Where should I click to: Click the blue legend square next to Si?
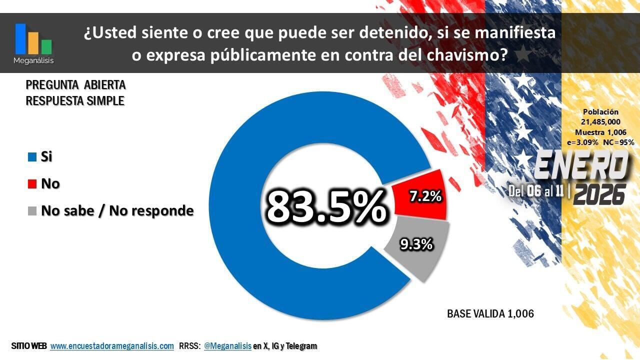[32, 157]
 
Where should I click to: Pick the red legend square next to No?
[32, 184]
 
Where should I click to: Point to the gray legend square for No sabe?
[32, 211]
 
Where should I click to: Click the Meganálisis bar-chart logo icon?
[33, 39]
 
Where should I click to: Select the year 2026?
[599, 193]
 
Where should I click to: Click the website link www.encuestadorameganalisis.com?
[112, 346]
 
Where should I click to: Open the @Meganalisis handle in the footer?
[227, 346]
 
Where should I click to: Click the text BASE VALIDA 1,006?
[490, 314]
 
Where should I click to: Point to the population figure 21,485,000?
[600, 122]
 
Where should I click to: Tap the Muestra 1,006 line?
[600, 132]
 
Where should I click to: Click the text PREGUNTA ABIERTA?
[75, 84]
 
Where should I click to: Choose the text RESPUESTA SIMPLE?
[75, 100]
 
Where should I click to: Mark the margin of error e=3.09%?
[582, 142]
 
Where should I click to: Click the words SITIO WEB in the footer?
[28, 346]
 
